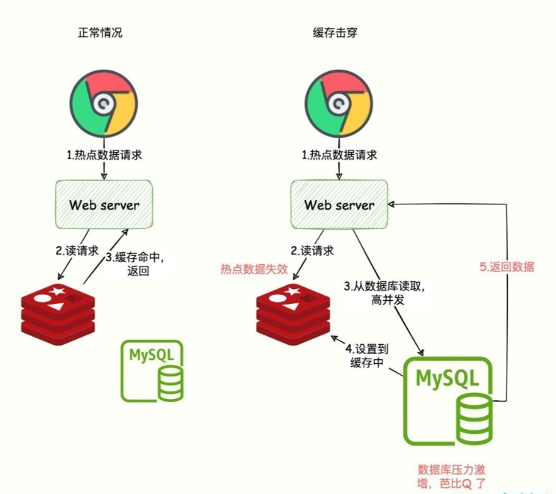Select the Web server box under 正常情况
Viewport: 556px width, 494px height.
tap(104, 204)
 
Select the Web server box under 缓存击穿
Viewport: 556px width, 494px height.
tap(339, 204)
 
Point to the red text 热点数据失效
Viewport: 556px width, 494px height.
tap(252, 268)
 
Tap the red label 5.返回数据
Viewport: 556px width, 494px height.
tap(507, 266)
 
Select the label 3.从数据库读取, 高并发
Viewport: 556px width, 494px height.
tap(378, 293)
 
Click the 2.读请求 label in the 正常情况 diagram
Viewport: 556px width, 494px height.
tap(78, 251)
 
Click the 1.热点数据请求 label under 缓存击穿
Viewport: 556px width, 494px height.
tap(339, 155)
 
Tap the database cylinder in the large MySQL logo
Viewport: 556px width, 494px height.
tap(474, 419)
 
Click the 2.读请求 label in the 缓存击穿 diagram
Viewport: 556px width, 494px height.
tap(312, 251)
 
